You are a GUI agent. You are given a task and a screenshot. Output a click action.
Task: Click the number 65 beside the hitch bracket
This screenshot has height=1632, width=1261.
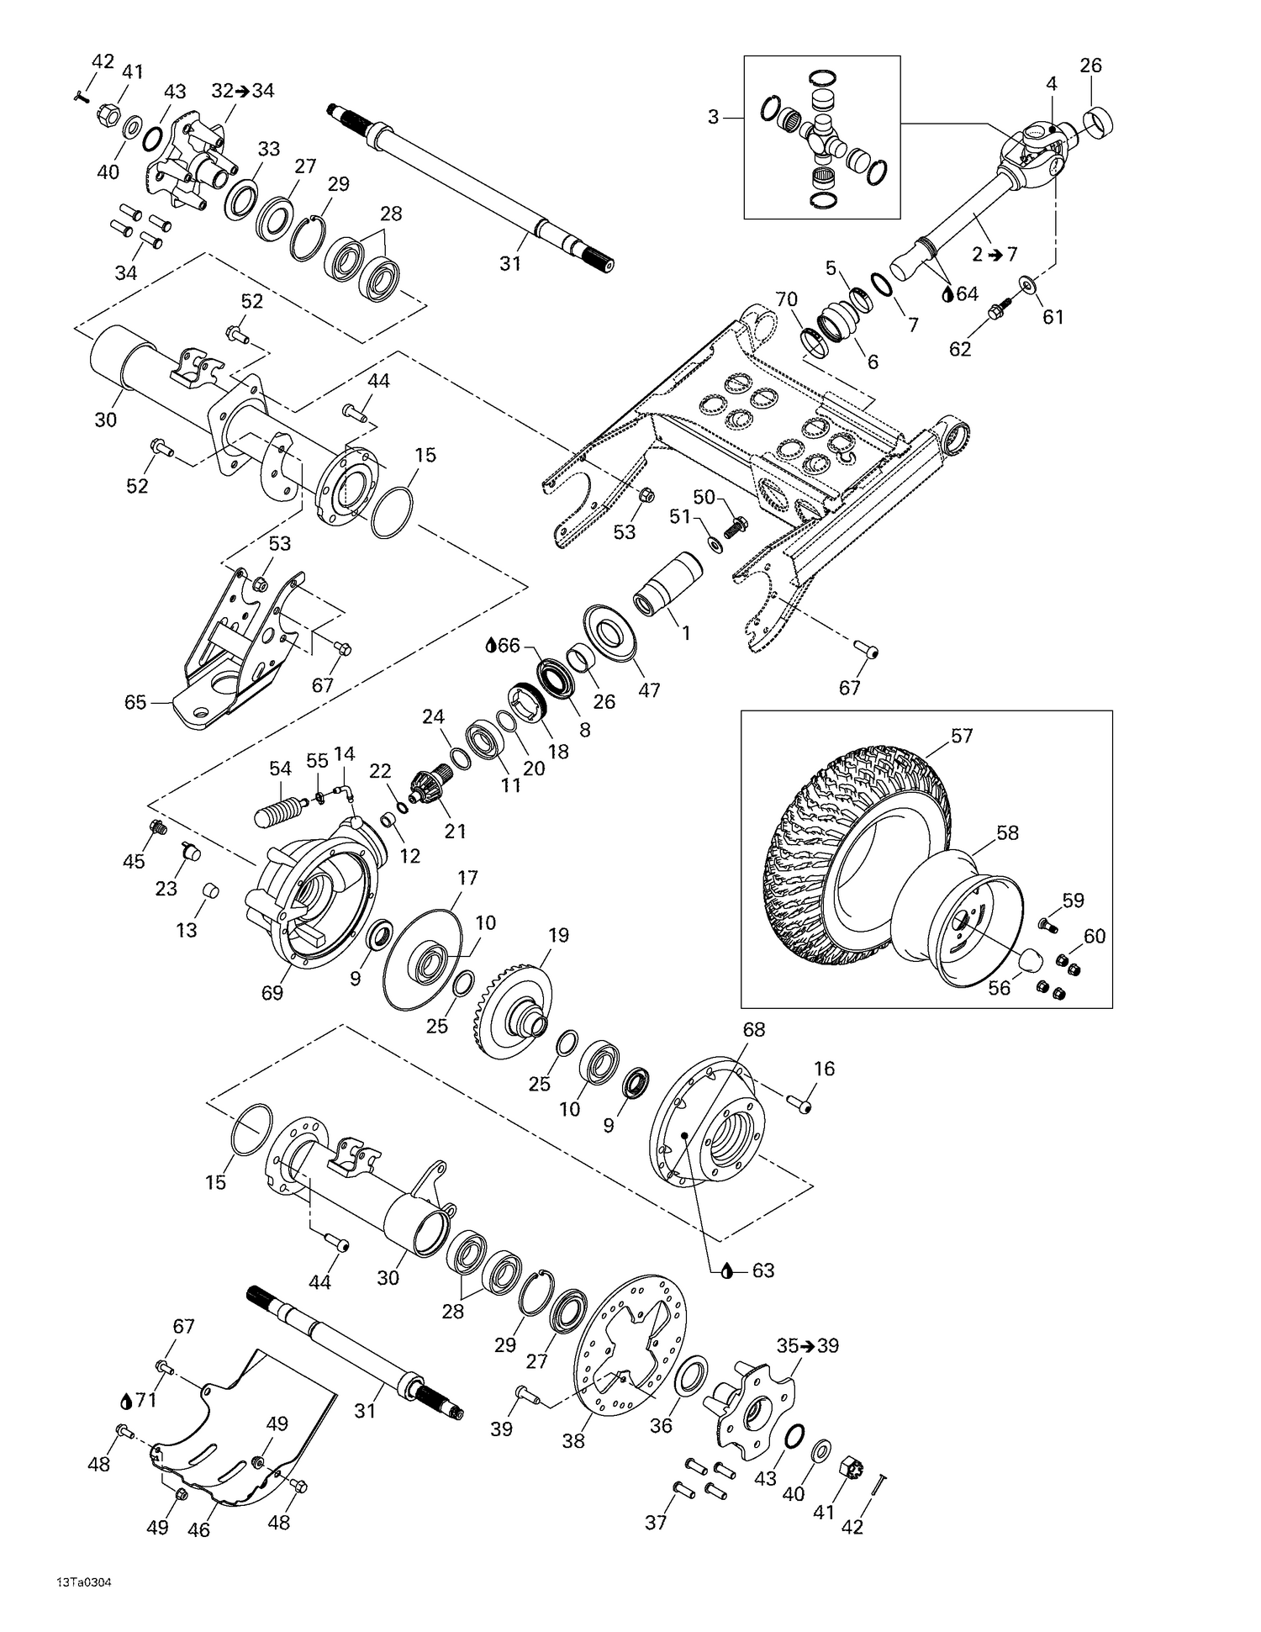tap(135, 702)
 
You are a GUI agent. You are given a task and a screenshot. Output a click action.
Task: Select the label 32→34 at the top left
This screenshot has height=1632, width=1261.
tap(243, 91)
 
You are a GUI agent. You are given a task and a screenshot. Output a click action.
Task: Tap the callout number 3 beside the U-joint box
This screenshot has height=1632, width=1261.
tap(713, 118)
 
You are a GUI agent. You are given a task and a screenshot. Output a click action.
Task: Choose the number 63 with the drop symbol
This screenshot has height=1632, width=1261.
tap(762, 1270)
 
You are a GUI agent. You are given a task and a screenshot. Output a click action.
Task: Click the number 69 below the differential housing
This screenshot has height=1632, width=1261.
tap(272, 992)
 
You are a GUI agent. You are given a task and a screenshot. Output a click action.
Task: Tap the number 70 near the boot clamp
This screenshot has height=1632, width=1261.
tap(785, 299)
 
